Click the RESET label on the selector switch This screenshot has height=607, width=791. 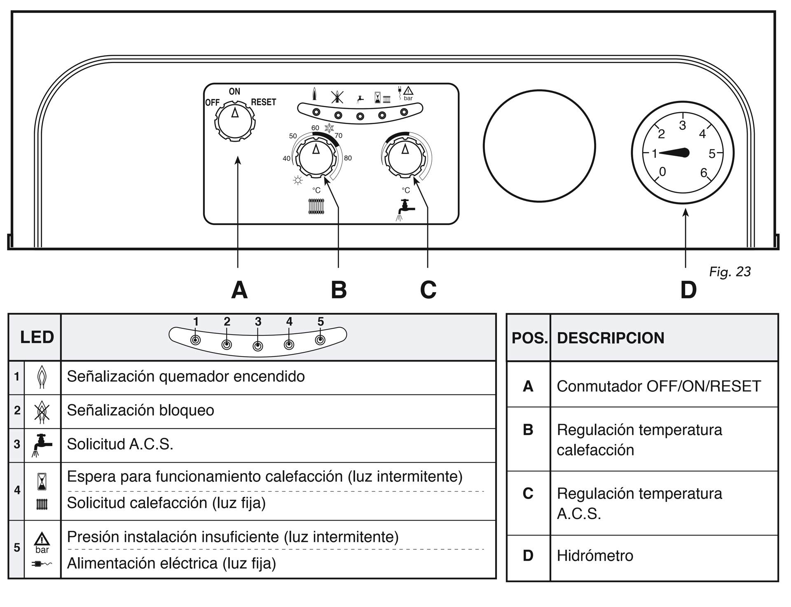[263, 102]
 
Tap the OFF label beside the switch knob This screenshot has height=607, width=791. [212, 103]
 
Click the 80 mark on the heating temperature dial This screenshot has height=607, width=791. [348, 158]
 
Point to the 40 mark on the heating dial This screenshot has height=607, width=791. [286, 159]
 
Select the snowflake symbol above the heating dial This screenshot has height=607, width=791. [330, 128]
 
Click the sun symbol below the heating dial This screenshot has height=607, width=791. [297, 180]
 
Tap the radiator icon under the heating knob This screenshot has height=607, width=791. [316, 207]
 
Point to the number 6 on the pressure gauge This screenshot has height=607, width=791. [704, 172]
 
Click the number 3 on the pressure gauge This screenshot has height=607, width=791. [683, 125]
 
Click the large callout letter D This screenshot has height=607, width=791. [688, 290]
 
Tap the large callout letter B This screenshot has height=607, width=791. [339, 290]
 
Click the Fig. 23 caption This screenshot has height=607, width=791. [730, 272]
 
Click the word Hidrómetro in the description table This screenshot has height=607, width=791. [595, 555]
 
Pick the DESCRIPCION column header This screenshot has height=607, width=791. [611, 338]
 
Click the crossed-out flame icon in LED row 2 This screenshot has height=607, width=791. [42, 411]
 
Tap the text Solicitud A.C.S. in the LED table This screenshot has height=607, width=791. [120, 444]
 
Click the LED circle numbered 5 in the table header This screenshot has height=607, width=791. [320, 340]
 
